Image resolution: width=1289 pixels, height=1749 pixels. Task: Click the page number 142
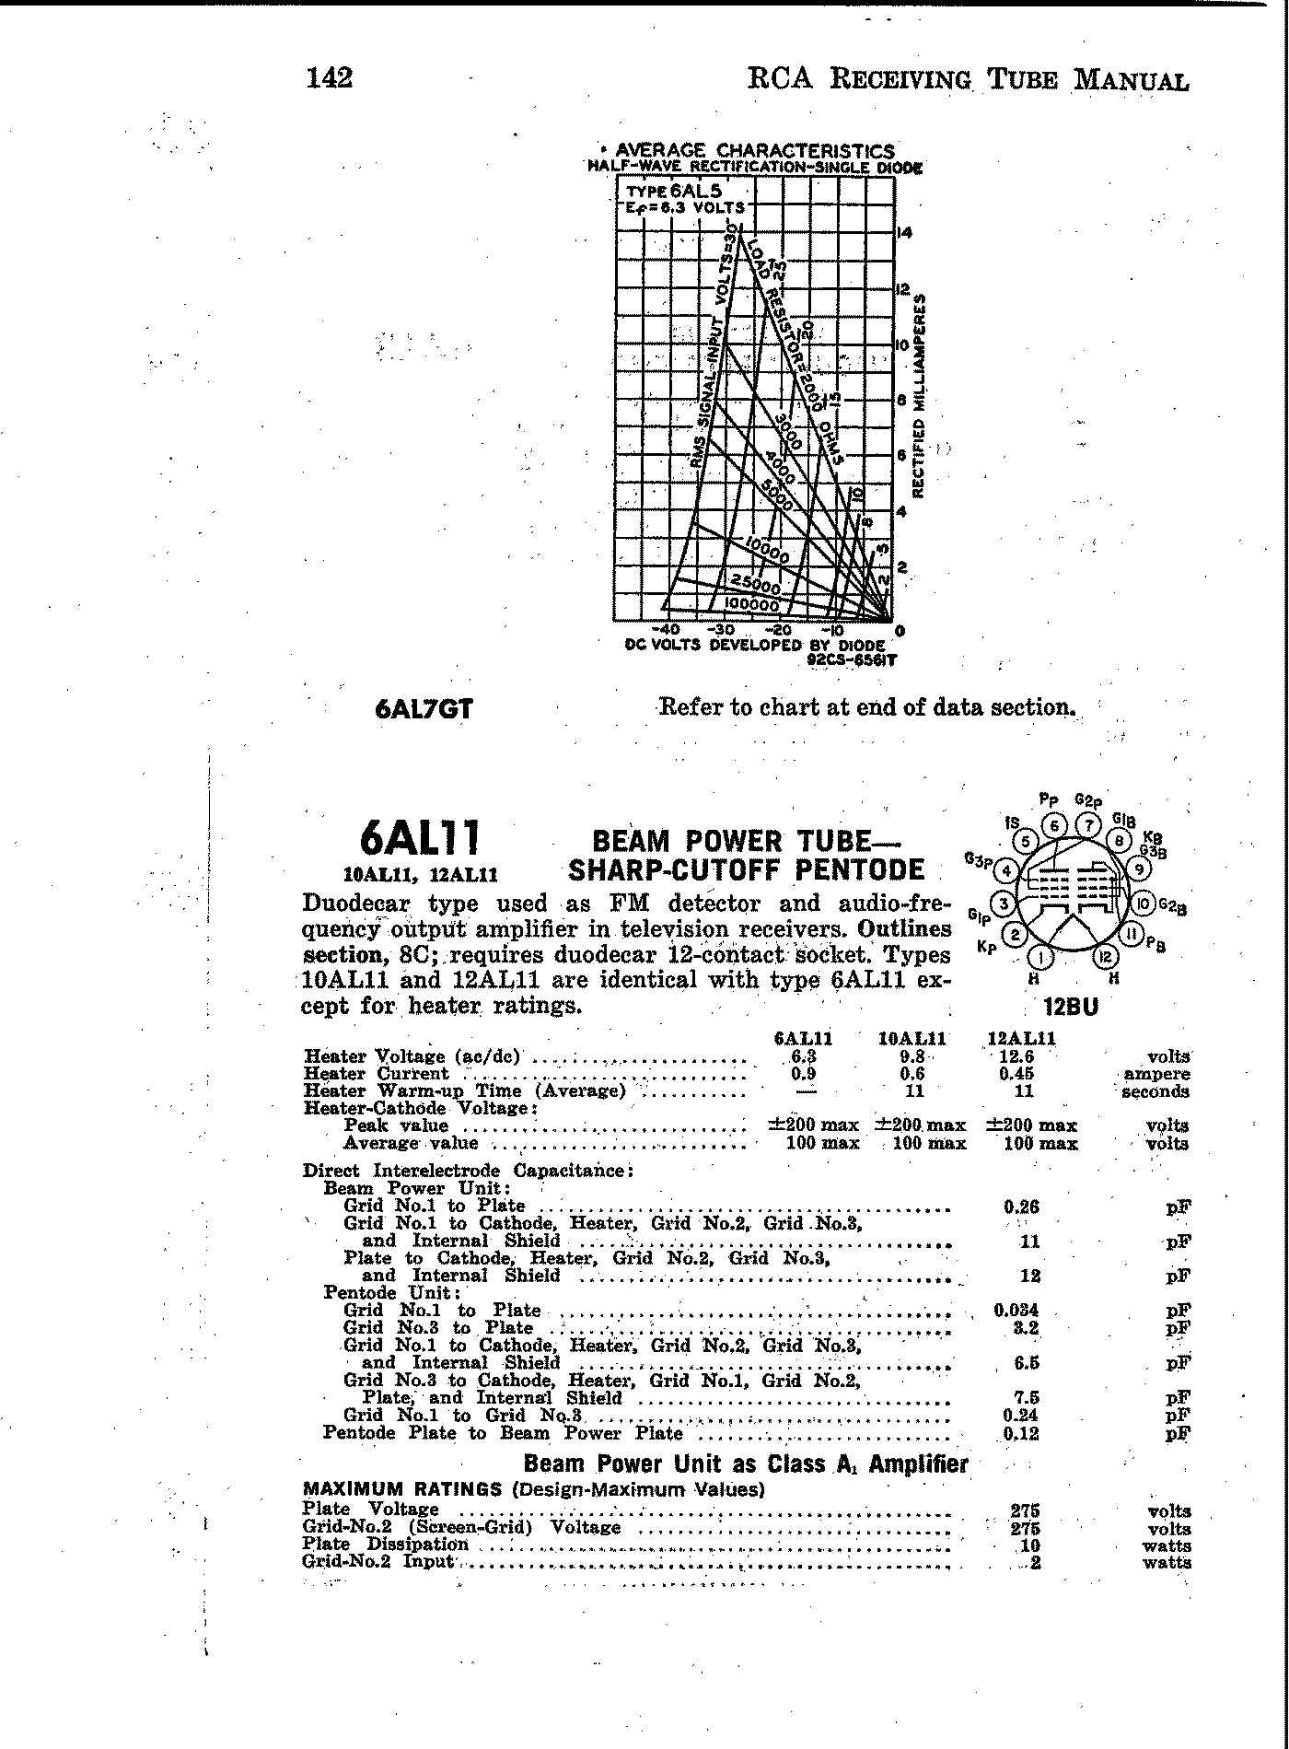[329, 78]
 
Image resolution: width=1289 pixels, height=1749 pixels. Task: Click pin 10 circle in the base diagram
[1143, 904]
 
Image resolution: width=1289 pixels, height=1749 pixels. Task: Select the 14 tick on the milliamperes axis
[904, 234]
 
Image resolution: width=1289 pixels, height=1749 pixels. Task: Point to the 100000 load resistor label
[751, 604]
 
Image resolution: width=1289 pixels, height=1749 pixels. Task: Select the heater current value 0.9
[803, 1074]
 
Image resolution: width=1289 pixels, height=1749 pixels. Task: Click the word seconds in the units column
[1155, 1092]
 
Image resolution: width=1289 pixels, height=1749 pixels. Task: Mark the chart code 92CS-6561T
[852, 659]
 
